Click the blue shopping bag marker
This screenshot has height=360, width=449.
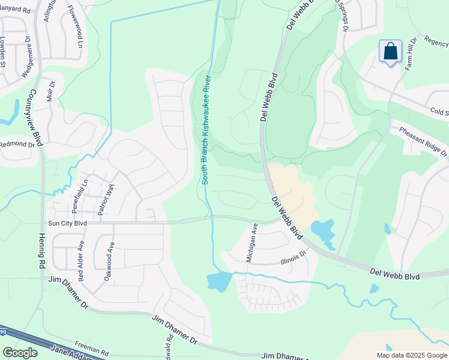click(x=390, y=52)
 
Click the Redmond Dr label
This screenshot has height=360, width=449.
click(x=17, y=144)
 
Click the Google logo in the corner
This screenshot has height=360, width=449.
click(x=20, y=353)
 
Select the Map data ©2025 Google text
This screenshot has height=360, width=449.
click(x=411, y=355)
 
